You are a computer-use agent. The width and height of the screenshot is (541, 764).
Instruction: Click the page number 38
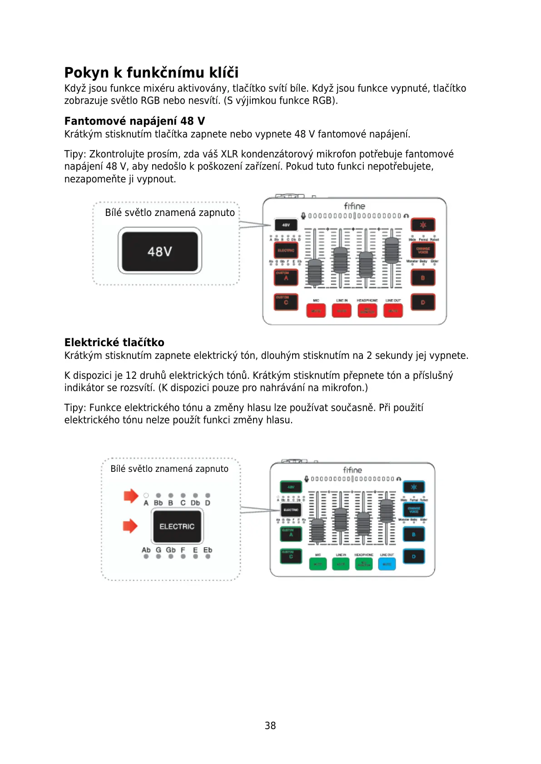pos(270,725)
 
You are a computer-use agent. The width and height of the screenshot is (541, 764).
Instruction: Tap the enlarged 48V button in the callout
pos(160,251)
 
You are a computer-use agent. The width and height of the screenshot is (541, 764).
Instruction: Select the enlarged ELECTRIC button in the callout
pos(177,526)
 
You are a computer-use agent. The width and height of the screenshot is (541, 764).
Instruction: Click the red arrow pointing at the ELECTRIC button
pos(130,526)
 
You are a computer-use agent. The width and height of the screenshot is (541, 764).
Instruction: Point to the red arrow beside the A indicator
pos(130,496)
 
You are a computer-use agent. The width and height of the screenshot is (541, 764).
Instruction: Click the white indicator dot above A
pos(146,495)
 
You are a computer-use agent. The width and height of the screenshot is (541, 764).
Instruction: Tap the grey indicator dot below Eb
pos(208,557)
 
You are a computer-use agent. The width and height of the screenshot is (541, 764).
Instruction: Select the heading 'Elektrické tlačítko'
pos(114,342)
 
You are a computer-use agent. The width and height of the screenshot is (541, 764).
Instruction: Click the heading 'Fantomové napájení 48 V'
pos(134,121)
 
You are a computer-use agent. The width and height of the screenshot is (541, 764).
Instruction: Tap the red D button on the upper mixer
pos(423,302)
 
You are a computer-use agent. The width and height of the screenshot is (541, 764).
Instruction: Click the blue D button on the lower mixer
pos(414,556)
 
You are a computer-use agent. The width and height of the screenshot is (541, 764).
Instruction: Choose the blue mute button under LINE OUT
pos(387,564)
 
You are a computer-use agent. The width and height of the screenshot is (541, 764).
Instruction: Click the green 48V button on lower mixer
pos(291,487)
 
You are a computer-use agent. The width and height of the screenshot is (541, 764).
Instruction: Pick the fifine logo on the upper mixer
pos(354,206)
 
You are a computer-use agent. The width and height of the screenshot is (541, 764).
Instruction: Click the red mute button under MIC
pos(316,311)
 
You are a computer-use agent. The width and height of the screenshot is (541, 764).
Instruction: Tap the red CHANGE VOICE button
pos(423,250)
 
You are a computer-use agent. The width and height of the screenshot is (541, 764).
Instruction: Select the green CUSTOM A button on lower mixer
pos(291,534)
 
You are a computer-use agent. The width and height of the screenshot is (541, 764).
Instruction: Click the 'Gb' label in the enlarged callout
pos(171,550)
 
